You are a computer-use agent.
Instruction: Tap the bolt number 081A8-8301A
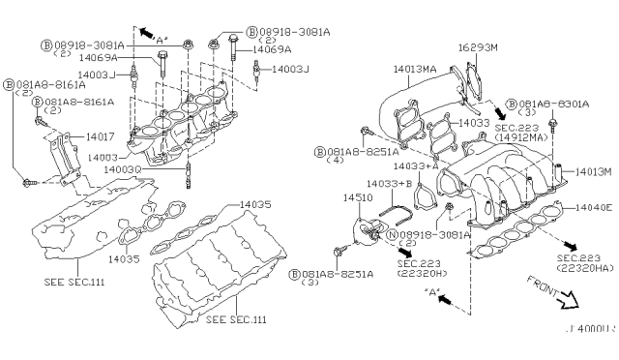click(x=555, y=104)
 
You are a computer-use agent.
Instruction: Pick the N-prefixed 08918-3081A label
click(x=434, y=233)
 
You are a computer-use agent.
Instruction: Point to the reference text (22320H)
click(x=425, y=274)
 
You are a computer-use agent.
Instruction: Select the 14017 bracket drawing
click(x=64, y=157)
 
